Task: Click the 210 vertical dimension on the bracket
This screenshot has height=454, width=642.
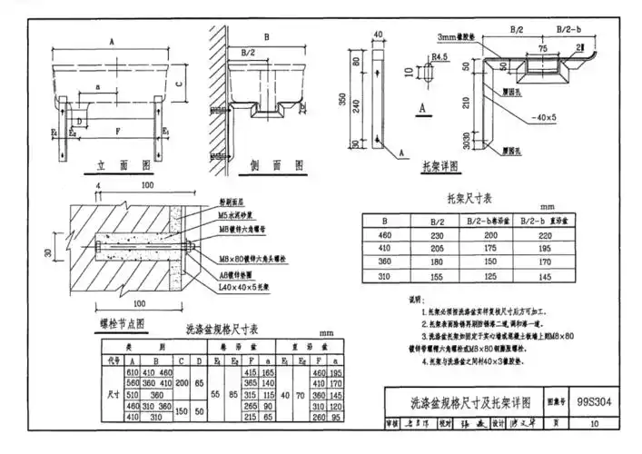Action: (467, 103)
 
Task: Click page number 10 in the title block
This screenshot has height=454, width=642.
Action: (594, 423)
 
